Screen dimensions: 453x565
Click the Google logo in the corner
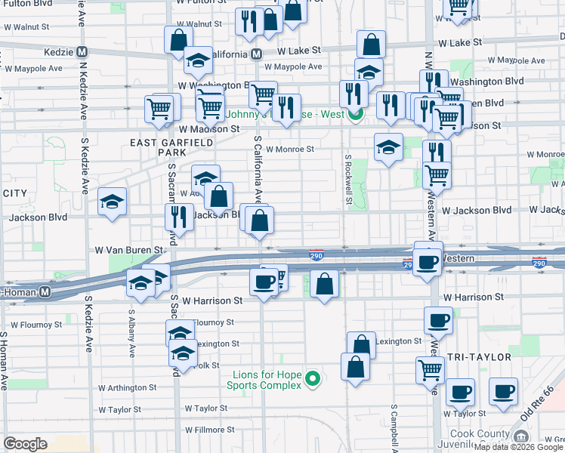25,444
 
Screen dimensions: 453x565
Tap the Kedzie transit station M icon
82,53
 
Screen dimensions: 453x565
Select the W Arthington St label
127,387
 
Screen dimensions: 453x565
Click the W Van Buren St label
128,249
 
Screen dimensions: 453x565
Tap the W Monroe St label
289,149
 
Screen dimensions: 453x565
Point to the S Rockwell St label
349,180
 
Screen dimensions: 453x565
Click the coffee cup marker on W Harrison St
264,282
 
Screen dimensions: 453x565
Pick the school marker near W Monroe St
388,147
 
